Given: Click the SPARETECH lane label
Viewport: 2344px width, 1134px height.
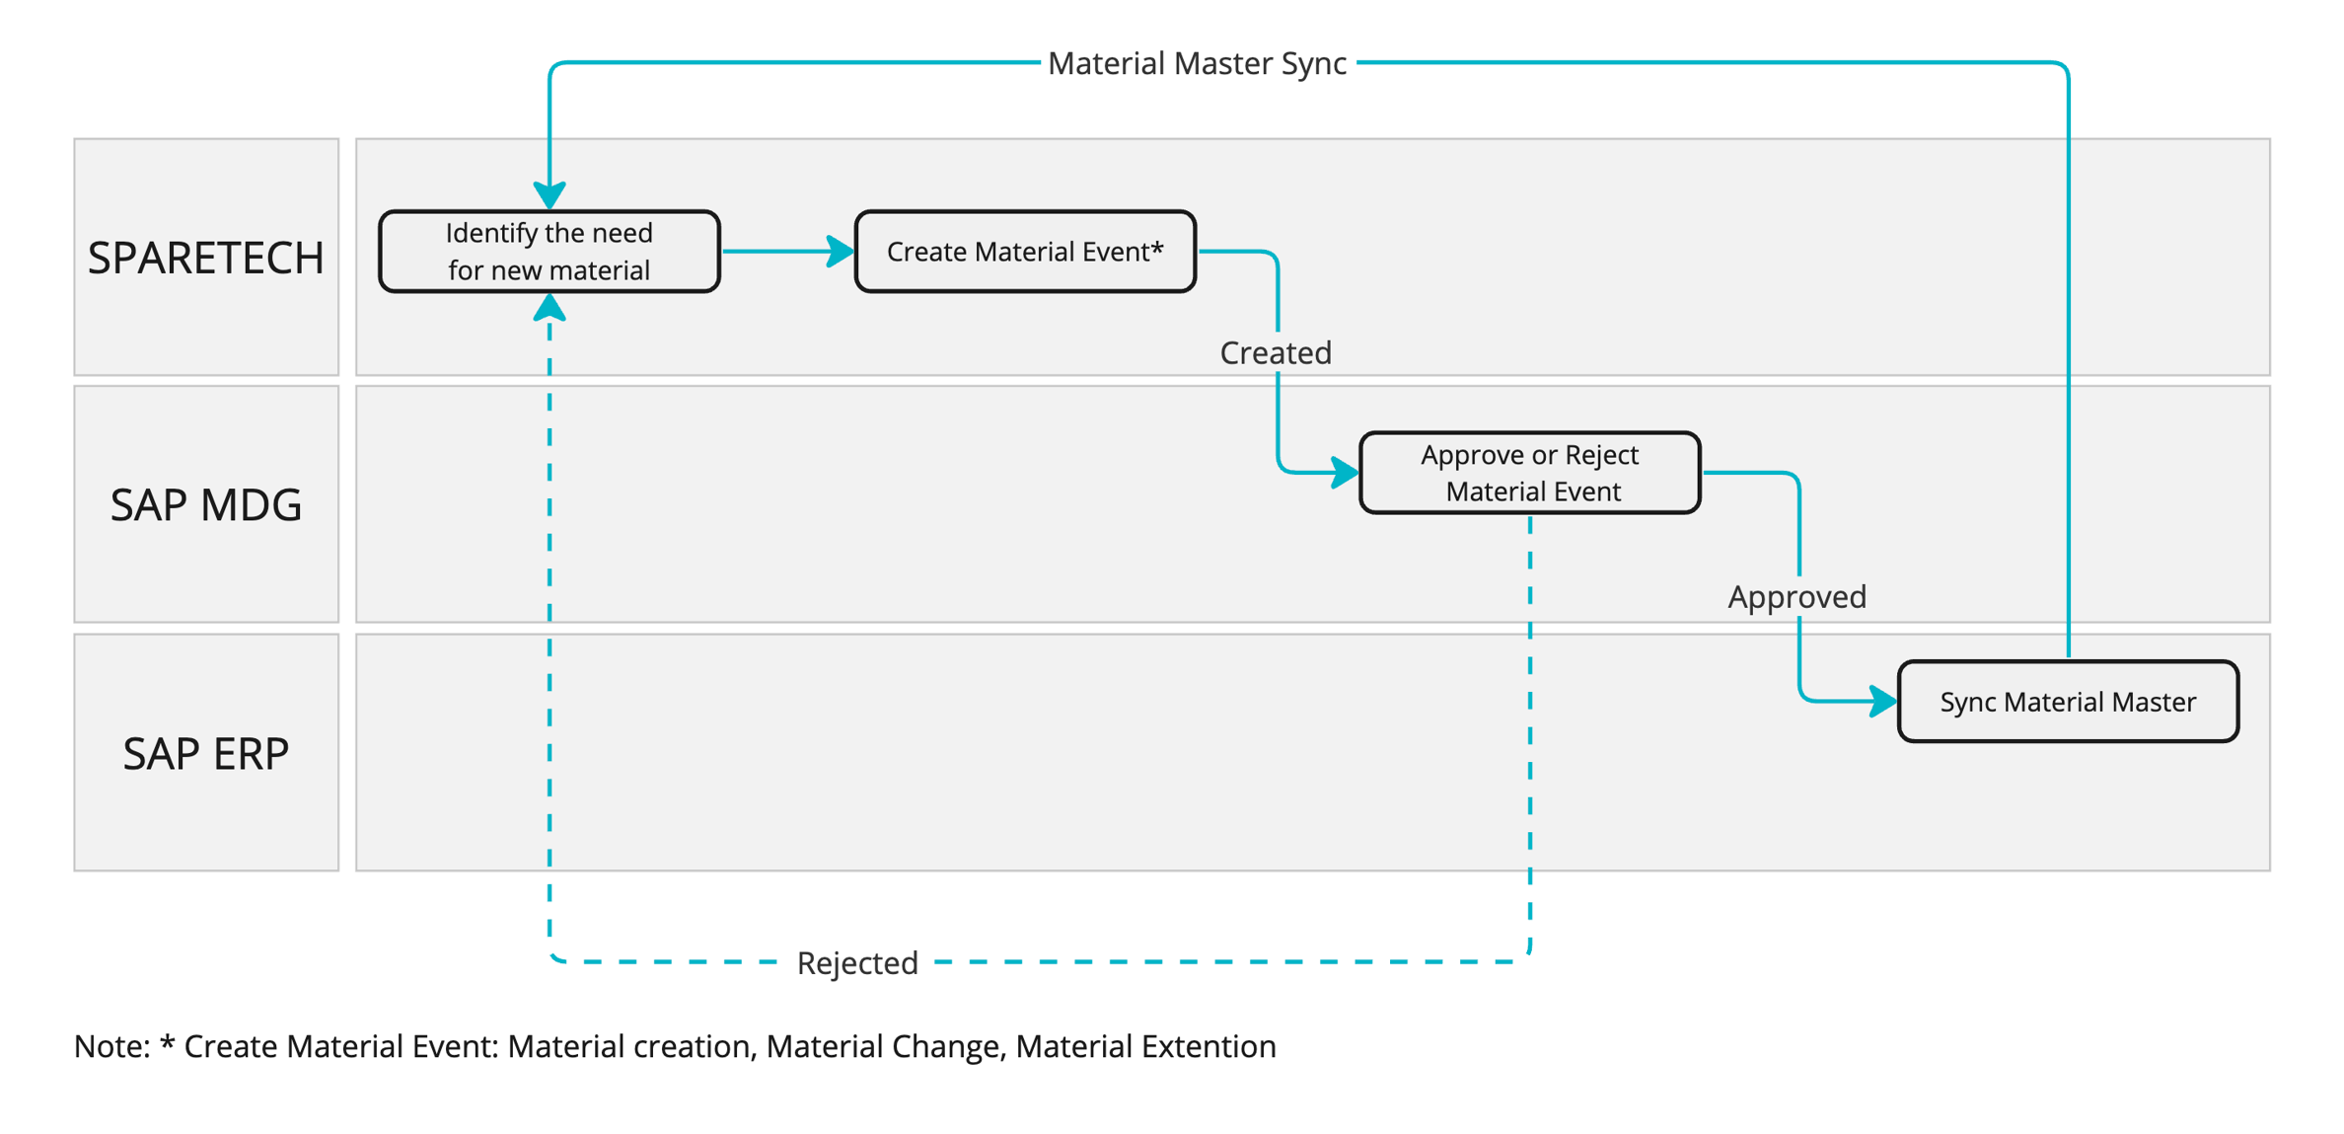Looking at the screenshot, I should click(205, 258).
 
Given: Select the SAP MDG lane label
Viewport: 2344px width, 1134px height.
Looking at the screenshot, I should click(205, 504).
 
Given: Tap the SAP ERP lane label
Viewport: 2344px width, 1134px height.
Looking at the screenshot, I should click(205, 753).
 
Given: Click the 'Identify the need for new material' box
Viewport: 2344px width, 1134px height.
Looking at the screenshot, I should click(549, 252).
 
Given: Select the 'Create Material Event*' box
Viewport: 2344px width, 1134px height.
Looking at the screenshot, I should click(1024, 252).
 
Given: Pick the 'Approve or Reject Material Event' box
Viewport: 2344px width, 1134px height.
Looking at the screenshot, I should click(1529, 473).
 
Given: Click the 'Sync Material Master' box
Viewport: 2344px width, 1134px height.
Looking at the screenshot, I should click(2067, 702).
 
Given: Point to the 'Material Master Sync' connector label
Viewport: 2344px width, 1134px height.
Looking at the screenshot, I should click(1196, 63).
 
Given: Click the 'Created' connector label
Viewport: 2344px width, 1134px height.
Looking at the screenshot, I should click(1275, 352).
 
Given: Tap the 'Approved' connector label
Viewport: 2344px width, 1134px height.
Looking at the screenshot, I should click(1796, 596).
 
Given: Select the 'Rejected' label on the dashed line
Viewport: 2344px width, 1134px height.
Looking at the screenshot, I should click(856, 962).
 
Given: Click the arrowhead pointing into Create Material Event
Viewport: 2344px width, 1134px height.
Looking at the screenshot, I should click(841, 252).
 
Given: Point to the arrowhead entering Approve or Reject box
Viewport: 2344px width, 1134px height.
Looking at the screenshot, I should click(1345, 472).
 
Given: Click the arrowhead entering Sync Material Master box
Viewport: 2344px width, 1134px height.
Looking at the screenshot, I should click(1883, 701).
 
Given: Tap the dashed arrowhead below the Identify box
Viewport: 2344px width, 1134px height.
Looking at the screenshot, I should click(549, 309).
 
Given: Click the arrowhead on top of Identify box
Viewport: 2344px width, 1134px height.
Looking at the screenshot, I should click(549, 194).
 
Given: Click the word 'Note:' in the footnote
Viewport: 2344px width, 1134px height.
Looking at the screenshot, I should click(111, 1046).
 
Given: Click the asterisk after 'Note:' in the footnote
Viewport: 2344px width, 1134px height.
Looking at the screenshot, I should click(167, 1042).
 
